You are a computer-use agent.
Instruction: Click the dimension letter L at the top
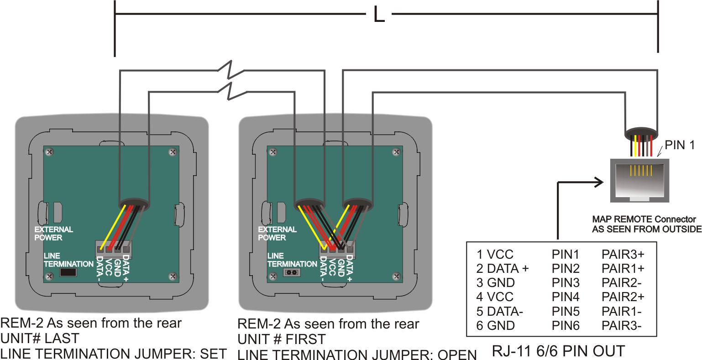[379, 16]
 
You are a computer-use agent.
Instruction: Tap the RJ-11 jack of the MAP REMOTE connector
[639, 180]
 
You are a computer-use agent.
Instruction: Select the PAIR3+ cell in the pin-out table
[623, 254]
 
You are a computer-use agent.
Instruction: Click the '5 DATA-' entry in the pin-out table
[500, 312]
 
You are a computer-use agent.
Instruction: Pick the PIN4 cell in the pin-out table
[566, 297]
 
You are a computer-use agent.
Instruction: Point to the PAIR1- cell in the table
[622, 312]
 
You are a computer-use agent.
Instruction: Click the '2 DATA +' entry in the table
[503, 268]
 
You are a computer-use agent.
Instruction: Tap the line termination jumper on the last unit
[68, 273]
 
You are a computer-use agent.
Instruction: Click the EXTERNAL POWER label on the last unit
[53, 233]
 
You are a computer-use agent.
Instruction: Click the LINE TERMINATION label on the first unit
[292, 260]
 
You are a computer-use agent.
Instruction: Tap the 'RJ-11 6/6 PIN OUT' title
[558, 351]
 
